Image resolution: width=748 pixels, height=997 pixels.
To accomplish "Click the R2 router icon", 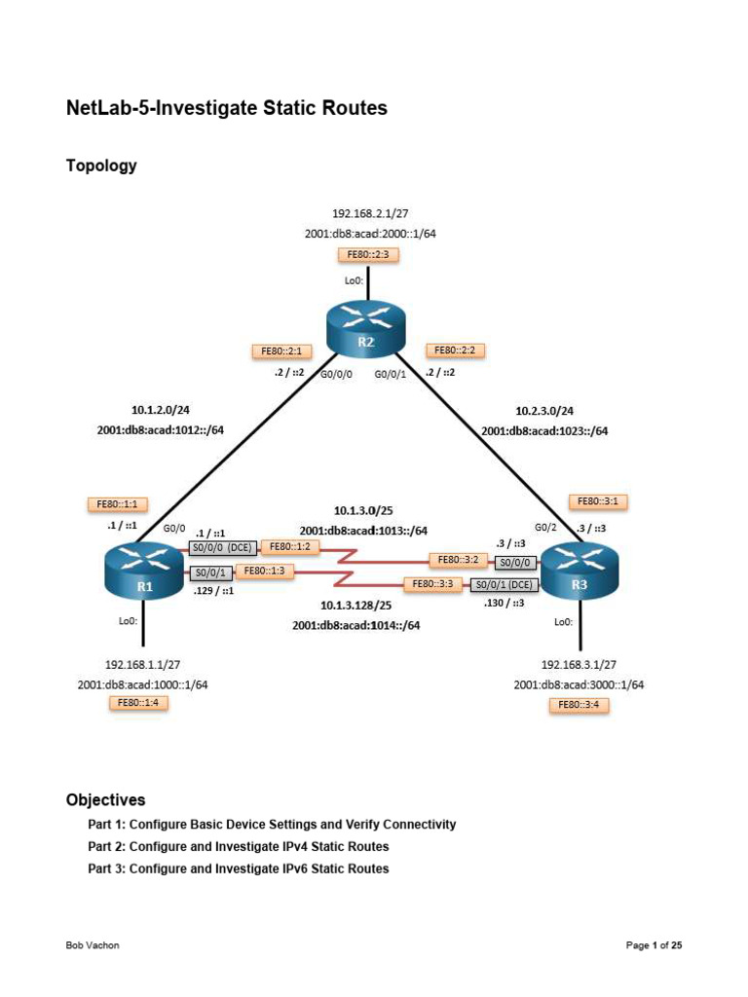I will coord(364,330).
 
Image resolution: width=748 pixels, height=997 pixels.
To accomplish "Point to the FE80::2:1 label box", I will coord(280,351).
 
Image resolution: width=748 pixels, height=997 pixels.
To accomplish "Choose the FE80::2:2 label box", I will coord(455,351).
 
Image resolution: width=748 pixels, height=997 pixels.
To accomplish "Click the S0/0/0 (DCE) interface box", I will coord(223,547).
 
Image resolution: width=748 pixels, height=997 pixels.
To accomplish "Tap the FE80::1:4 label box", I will coord(137,702).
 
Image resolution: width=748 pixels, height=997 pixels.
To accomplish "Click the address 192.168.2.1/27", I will coord(367,212).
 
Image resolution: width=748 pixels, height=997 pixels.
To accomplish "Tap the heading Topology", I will coord(101,166).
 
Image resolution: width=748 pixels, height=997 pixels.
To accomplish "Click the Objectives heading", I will coord(105,800).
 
